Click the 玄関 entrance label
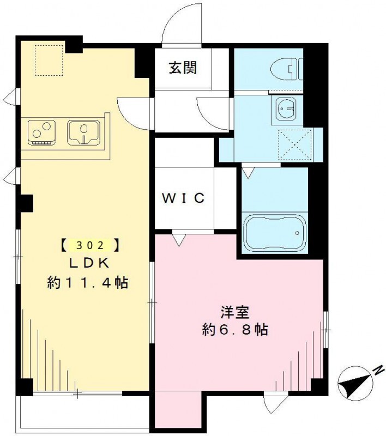coord(182,69)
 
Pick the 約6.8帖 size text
coord(235,330)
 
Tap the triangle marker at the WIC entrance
coord(178,238)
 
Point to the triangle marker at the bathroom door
coord(248,173)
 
